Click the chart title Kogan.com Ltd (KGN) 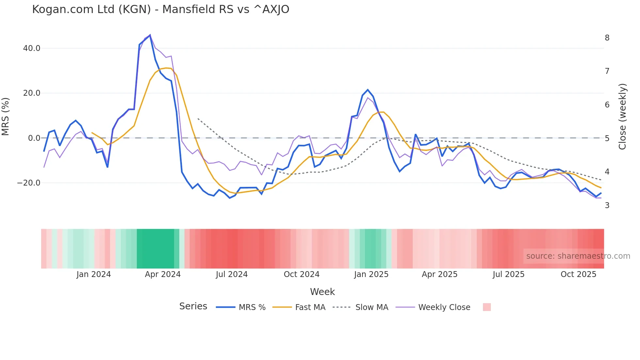point(160,9)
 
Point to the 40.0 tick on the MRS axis point(31,48)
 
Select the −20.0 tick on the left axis point(29,183)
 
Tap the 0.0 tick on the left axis point(34,138)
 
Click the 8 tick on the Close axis point(607,38)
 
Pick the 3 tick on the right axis point(607,205)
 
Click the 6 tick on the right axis point(607,105)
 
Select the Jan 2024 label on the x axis point(94,274)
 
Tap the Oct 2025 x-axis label point(578,274)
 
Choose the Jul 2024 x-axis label point(232,274)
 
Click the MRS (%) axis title point(6,116)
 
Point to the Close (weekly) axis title point(623,116)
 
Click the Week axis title point(322,292)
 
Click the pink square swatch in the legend point(487,307)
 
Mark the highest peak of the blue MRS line point(150,35)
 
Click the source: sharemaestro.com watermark point(578,256)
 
